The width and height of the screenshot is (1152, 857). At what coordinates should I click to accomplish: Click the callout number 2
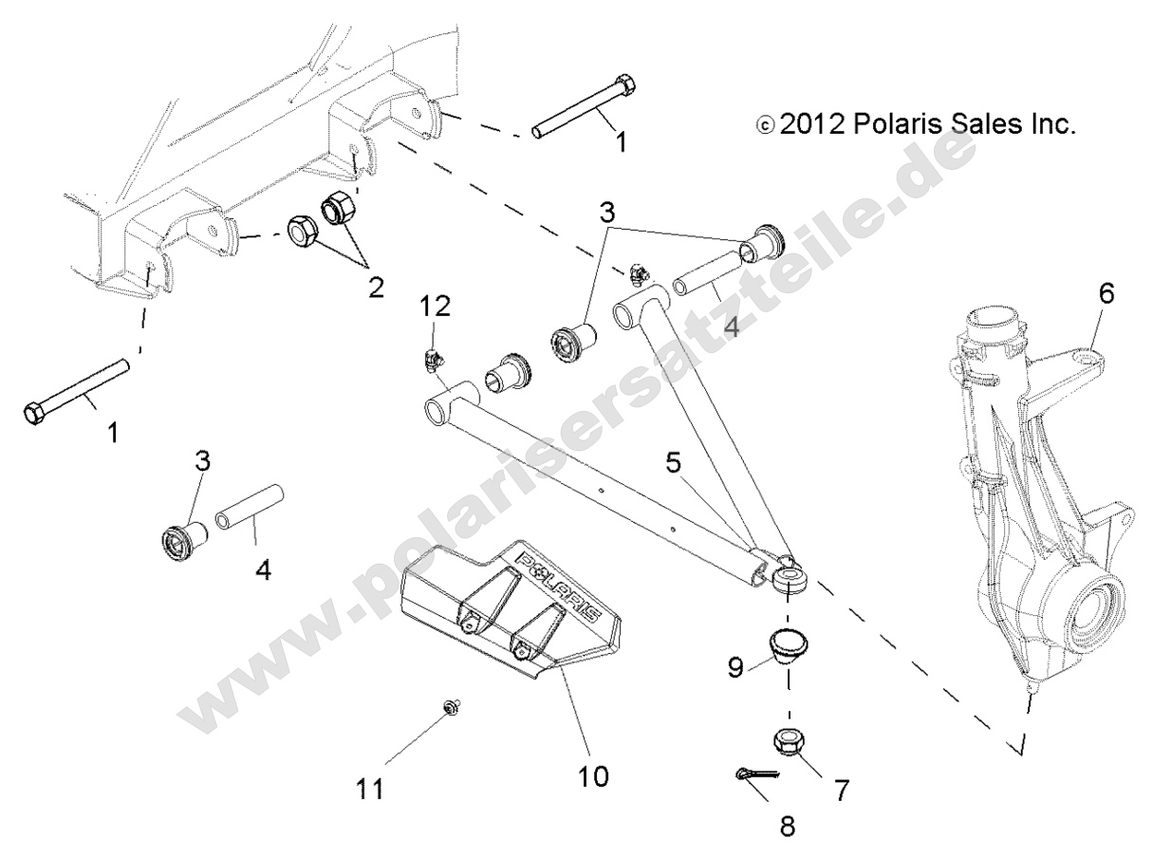tap(376, 288)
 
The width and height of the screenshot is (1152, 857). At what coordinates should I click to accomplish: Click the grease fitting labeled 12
tap(431, 362)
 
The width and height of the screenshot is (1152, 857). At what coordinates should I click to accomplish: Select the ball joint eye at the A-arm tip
tap(788, 577)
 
